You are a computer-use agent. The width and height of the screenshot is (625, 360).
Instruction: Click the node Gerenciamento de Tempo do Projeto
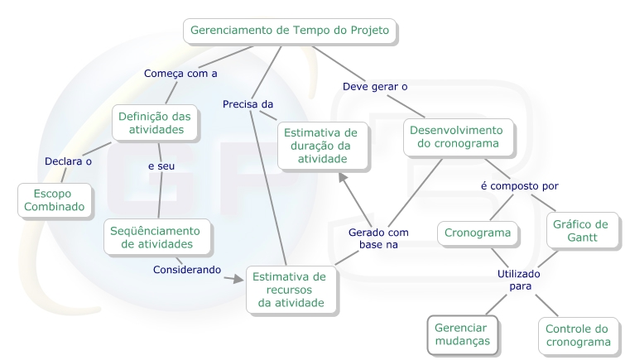[290, 31]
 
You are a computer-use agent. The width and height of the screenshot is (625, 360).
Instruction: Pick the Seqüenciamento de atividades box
[155, 237]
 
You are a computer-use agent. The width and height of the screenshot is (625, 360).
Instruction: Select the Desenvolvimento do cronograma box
[458, 138]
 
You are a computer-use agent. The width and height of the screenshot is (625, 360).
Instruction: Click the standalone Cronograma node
[478, 233]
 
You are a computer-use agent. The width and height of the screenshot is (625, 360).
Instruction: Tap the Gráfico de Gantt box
[583, 231]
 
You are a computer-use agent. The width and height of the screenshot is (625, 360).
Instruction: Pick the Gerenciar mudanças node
[462, 334]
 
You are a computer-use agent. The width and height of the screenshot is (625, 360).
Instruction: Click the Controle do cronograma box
[577, 334]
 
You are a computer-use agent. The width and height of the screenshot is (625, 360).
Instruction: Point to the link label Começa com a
[180, 73]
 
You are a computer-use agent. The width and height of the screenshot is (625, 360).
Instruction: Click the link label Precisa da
[248, 103]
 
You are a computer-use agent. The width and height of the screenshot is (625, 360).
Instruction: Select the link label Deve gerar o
[375, 85]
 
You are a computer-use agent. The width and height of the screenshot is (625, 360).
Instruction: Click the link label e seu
[161, 166]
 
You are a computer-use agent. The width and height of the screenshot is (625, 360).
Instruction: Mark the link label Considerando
[187, 269]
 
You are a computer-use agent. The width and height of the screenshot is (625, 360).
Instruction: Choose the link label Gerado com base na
[378, 239]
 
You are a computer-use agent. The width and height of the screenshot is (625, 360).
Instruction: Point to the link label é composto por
[520, 185]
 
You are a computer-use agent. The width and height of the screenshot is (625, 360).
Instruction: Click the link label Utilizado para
[519, 279]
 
